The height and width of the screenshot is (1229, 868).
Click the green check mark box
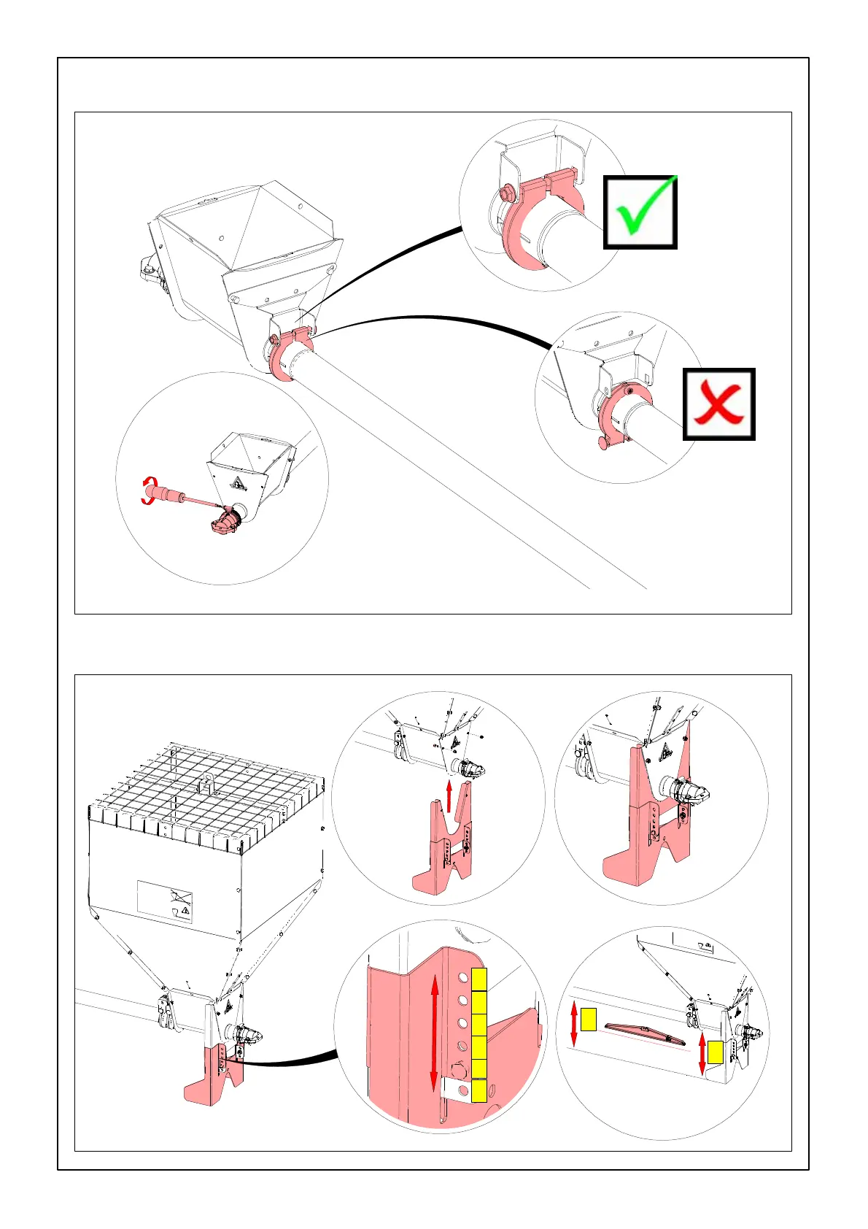pyautogui.click(x=640, y=212)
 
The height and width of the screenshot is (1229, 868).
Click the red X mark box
pyautogui.click(x=718, y=404)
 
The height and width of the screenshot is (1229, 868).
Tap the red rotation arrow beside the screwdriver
pyautogui.click(x=149, y=490)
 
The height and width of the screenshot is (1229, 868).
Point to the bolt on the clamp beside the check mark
pyautogui.click(x=505, y=194)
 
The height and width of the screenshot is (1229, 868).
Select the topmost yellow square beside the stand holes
pyautogui.click(x=479, y=979)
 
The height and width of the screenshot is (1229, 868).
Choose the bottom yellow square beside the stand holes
pyautogui.click(x=479, y=1090)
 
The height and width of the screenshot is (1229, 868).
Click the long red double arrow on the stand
pyautogui.click(x=434, y=1033)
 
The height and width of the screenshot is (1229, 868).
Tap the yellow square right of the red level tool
pyautogui.click(x=715, y=1052)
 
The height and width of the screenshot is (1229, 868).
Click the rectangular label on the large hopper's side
pyautogui.click(x=166, y=901)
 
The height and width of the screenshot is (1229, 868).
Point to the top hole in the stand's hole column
pyautogui.click(x=462, y=977)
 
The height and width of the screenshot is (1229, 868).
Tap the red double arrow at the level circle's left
pyautogui.click(x=574, y=1023)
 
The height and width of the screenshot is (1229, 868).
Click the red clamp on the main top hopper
pyautogui.click(x=290, y=353)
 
